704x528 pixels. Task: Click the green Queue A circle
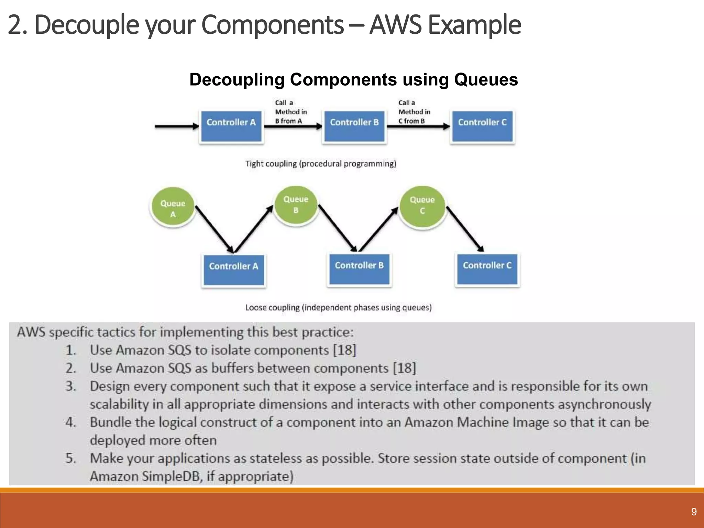(173, 207)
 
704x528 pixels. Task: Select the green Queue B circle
(296, 205)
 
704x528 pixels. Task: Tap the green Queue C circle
(422, 206)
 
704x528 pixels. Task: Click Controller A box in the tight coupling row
(231, 126)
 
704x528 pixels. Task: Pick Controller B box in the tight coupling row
(354, 126)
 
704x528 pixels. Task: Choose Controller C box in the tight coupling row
(482, 126)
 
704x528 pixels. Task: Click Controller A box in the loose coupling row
(233, 270)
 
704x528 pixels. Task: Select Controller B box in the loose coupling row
(359, 269)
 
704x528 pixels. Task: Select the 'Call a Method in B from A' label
(290, 112)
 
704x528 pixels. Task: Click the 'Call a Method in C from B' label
(414, 112)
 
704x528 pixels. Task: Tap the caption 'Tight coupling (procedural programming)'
(320, 164)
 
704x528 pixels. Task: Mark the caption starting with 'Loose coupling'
(338, 307)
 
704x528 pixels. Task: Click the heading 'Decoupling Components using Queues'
(353, 79)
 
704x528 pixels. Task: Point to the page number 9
(694, 512)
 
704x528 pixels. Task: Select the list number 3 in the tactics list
(70, 386)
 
